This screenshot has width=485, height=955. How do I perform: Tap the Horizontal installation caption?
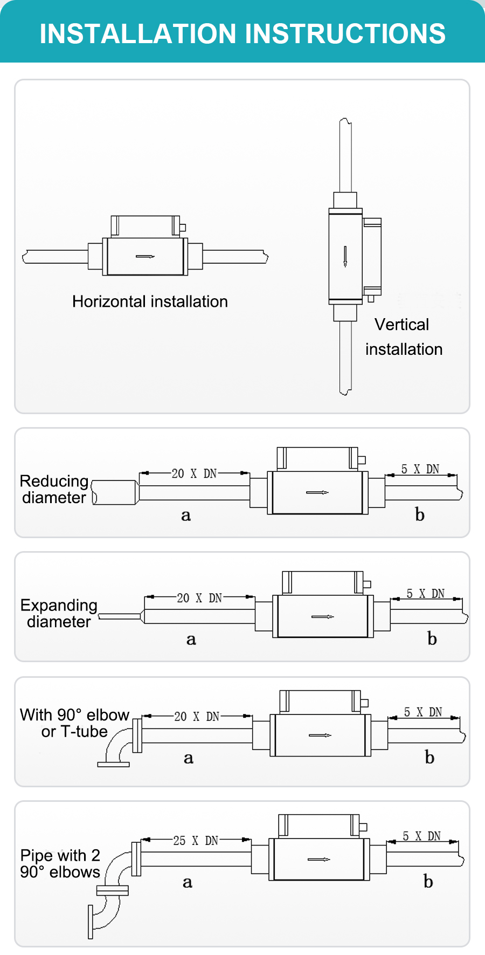[x=150, y=301]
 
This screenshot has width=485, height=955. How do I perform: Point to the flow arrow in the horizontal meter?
[x=145, y=257]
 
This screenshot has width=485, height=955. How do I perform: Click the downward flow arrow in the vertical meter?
[x=345, y=256]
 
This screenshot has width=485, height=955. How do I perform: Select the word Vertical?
[x=401, y=325]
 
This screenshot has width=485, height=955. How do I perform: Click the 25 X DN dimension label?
[x=196, y=841]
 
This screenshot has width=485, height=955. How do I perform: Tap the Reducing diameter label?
[x=54, y=489]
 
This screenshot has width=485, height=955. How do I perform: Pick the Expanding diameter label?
[x=59, y=613]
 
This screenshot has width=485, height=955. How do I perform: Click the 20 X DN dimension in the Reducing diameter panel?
[x=194, y=474]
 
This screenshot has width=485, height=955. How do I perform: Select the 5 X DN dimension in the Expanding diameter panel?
[x=425, y=594]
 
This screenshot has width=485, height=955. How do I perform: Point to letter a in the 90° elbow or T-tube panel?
[x=188, y=758]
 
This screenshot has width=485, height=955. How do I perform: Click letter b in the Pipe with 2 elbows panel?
[x=428, y=882]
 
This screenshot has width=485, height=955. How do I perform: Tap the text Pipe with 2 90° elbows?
[x=60, y=863]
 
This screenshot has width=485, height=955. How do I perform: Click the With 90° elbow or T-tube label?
[x=74, y=723]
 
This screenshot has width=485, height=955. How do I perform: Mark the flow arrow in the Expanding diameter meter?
[x=323, y=616]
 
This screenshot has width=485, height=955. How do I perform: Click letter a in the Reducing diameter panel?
[x=186, y=516]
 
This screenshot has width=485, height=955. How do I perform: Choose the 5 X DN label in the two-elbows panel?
[x=421, y=836]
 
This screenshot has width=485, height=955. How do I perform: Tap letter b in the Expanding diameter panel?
[x=432, y=639]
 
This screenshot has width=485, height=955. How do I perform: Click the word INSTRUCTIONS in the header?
[x=345, y=33]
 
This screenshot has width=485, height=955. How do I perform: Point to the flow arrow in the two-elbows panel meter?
[x=318, y=859]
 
